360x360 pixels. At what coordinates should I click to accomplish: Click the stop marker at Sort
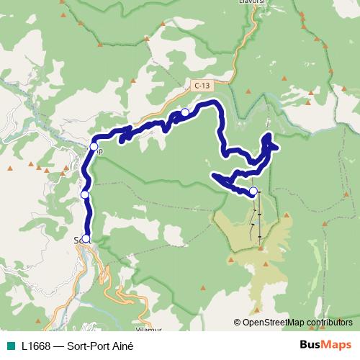tap(86, 239)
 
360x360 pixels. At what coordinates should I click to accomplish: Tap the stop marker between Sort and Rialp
tap(85, 194)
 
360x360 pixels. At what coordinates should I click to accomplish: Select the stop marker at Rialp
tap(94, 145)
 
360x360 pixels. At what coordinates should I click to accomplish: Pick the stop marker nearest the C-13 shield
tap(185, 112)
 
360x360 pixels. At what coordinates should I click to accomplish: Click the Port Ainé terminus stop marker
tap(253, 191)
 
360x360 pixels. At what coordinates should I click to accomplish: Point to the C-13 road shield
tap(202, 85)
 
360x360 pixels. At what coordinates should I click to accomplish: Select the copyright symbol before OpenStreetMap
tap(238, 323)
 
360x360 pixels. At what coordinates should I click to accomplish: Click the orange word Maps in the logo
tap(337, 345)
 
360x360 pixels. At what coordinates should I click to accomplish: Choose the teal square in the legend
tap(9, 345)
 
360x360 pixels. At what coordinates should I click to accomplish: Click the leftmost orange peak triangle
tap(10, 168)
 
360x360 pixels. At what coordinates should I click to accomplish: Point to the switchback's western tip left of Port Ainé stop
tap(213, 175)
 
